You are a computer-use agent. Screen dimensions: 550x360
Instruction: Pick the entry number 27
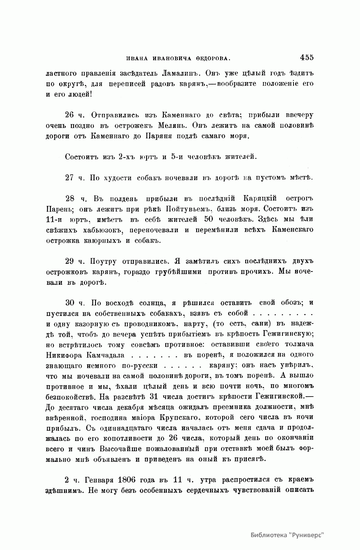pos(70,177)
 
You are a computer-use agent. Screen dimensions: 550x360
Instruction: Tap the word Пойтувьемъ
pos(187,209)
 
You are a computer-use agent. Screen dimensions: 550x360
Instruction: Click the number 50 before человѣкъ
pos(208,219)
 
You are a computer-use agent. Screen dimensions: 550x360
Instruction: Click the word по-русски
pos(139,365)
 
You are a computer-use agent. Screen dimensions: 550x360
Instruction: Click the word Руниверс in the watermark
pos(310,535)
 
